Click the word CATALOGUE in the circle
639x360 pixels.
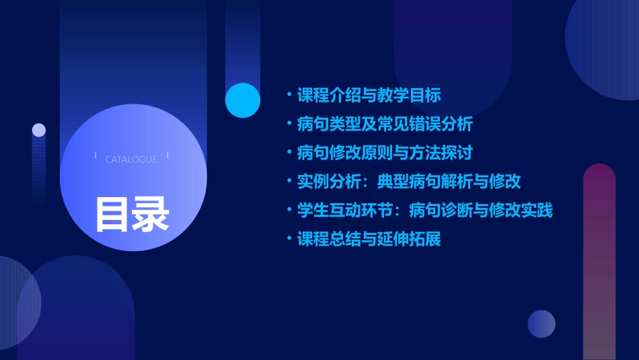[x=131, y=159]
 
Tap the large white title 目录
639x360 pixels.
[x=132, y=214]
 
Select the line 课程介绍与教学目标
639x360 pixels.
[x=369, y=95]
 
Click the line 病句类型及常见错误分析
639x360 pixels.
[x=385, y=124]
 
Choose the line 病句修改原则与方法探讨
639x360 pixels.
[x=385, y=153]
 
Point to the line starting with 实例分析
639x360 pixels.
[x=409, y=181]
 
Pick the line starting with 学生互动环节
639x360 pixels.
[x=425, y=210]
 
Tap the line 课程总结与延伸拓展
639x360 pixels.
[x=369, y=239]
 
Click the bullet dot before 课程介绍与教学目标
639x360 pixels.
[x=289, y=95]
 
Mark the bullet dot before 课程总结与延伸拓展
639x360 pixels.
[x=289, y=239]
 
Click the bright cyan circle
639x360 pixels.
[x=243, y=100]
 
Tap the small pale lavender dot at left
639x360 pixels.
[x=39, y=130]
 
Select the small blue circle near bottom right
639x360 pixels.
[x=541, y=324]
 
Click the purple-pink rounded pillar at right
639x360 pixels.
[x=599, y=262]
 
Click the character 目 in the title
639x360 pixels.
[x=112, y=214]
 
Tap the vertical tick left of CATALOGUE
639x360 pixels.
[x=96, y=156]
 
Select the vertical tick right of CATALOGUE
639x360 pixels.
[x=167, y=156]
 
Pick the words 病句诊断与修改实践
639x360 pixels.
[x=481, y=210]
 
